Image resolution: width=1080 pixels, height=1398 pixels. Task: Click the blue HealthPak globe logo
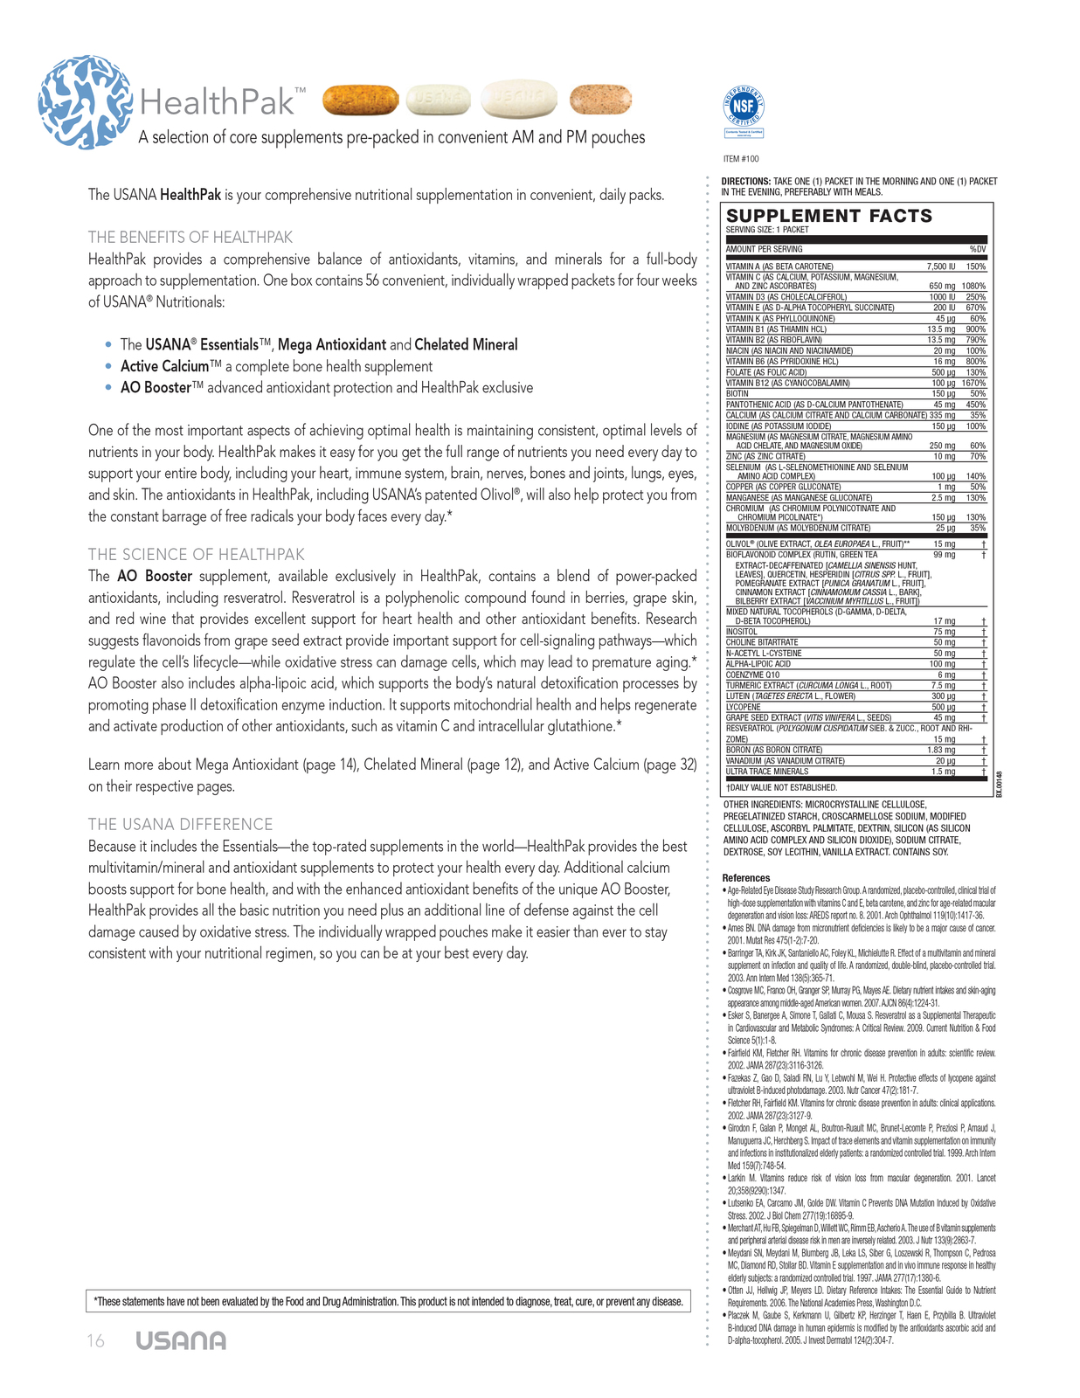[85, 101]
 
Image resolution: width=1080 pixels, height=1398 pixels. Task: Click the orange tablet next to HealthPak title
[360, 100]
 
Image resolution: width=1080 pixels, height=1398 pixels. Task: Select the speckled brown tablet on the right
[600, 100]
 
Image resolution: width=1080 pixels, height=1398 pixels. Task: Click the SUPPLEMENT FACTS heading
[829, 216]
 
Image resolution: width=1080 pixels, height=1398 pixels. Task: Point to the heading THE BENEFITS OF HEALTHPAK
[190, 238]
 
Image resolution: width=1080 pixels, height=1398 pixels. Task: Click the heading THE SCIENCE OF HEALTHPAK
[197, 555]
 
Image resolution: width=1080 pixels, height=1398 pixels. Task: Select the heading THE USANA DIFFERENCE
[181, 825]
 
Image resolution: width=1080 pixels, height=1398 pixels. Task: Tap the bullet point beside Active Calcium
[108, 367]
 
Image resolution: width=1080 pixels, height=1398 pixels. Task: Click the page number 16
[95, 1341]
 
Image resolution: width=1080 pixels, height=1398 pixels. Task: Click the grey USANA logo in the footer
[181, 1341]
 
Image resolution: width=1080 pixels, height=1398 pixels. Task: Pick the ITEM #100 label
[741, 159]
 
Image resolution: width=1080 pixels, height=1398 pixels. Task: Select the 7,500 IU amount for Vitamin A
[941, 266]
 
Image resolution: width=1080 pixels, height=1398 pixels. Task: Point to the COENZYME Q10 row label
[752, 675]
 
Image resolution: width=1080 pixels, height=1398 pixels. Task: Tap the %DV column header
[977, 249]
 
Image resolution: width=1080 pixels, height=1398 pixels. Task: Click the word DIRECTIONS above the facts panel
[745, 182]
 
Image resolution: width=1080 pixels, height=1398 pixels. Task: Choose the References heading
[746, 878]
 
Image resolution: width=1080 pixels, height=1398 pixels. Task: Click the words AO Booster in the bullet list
[156, 388]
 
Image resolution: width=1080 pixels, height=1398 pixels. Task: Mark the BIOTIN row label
[737, 394]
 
